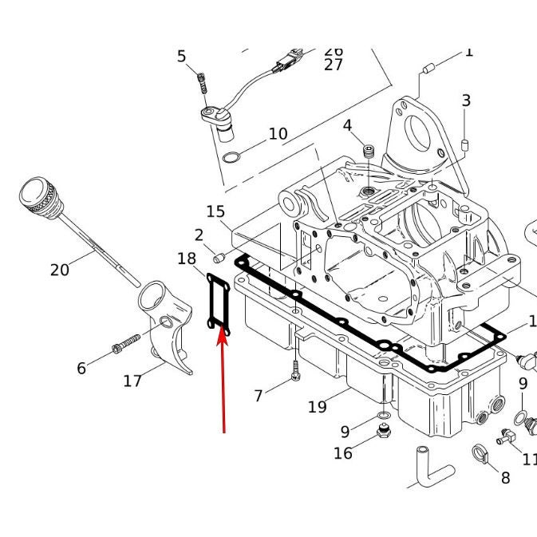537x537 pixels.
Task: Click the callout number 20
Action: [x=60, y=270]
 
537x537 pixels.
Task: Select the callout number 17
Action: [x=132, y=381]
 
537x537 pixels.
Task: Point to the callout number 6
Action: [x=81, y=368]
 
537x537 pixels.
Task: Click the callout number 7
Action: [x=258, y=395]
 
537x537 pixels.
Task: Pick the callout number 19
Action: [x=318, y=407]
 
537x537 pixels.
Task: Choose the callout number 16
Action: [x=343, y=453]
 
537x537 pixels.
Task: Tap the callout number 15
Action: [x=215, y=211]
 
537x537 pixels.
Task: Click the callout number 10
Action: [x=278, y=133]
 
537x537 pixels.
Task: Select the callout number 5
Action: [x=182, y=57]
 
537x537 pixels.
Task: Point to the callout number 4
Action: [x=347, y=125]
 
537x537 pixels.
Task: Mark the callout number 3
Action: [x=466, y=101]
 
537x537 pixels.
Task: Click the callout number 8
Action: [x=505, y=477]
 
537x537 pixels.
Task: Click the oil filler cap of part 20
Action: [x=38, y=196]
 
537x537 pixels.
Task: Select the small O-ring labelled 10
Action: [x=230, y=156]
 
